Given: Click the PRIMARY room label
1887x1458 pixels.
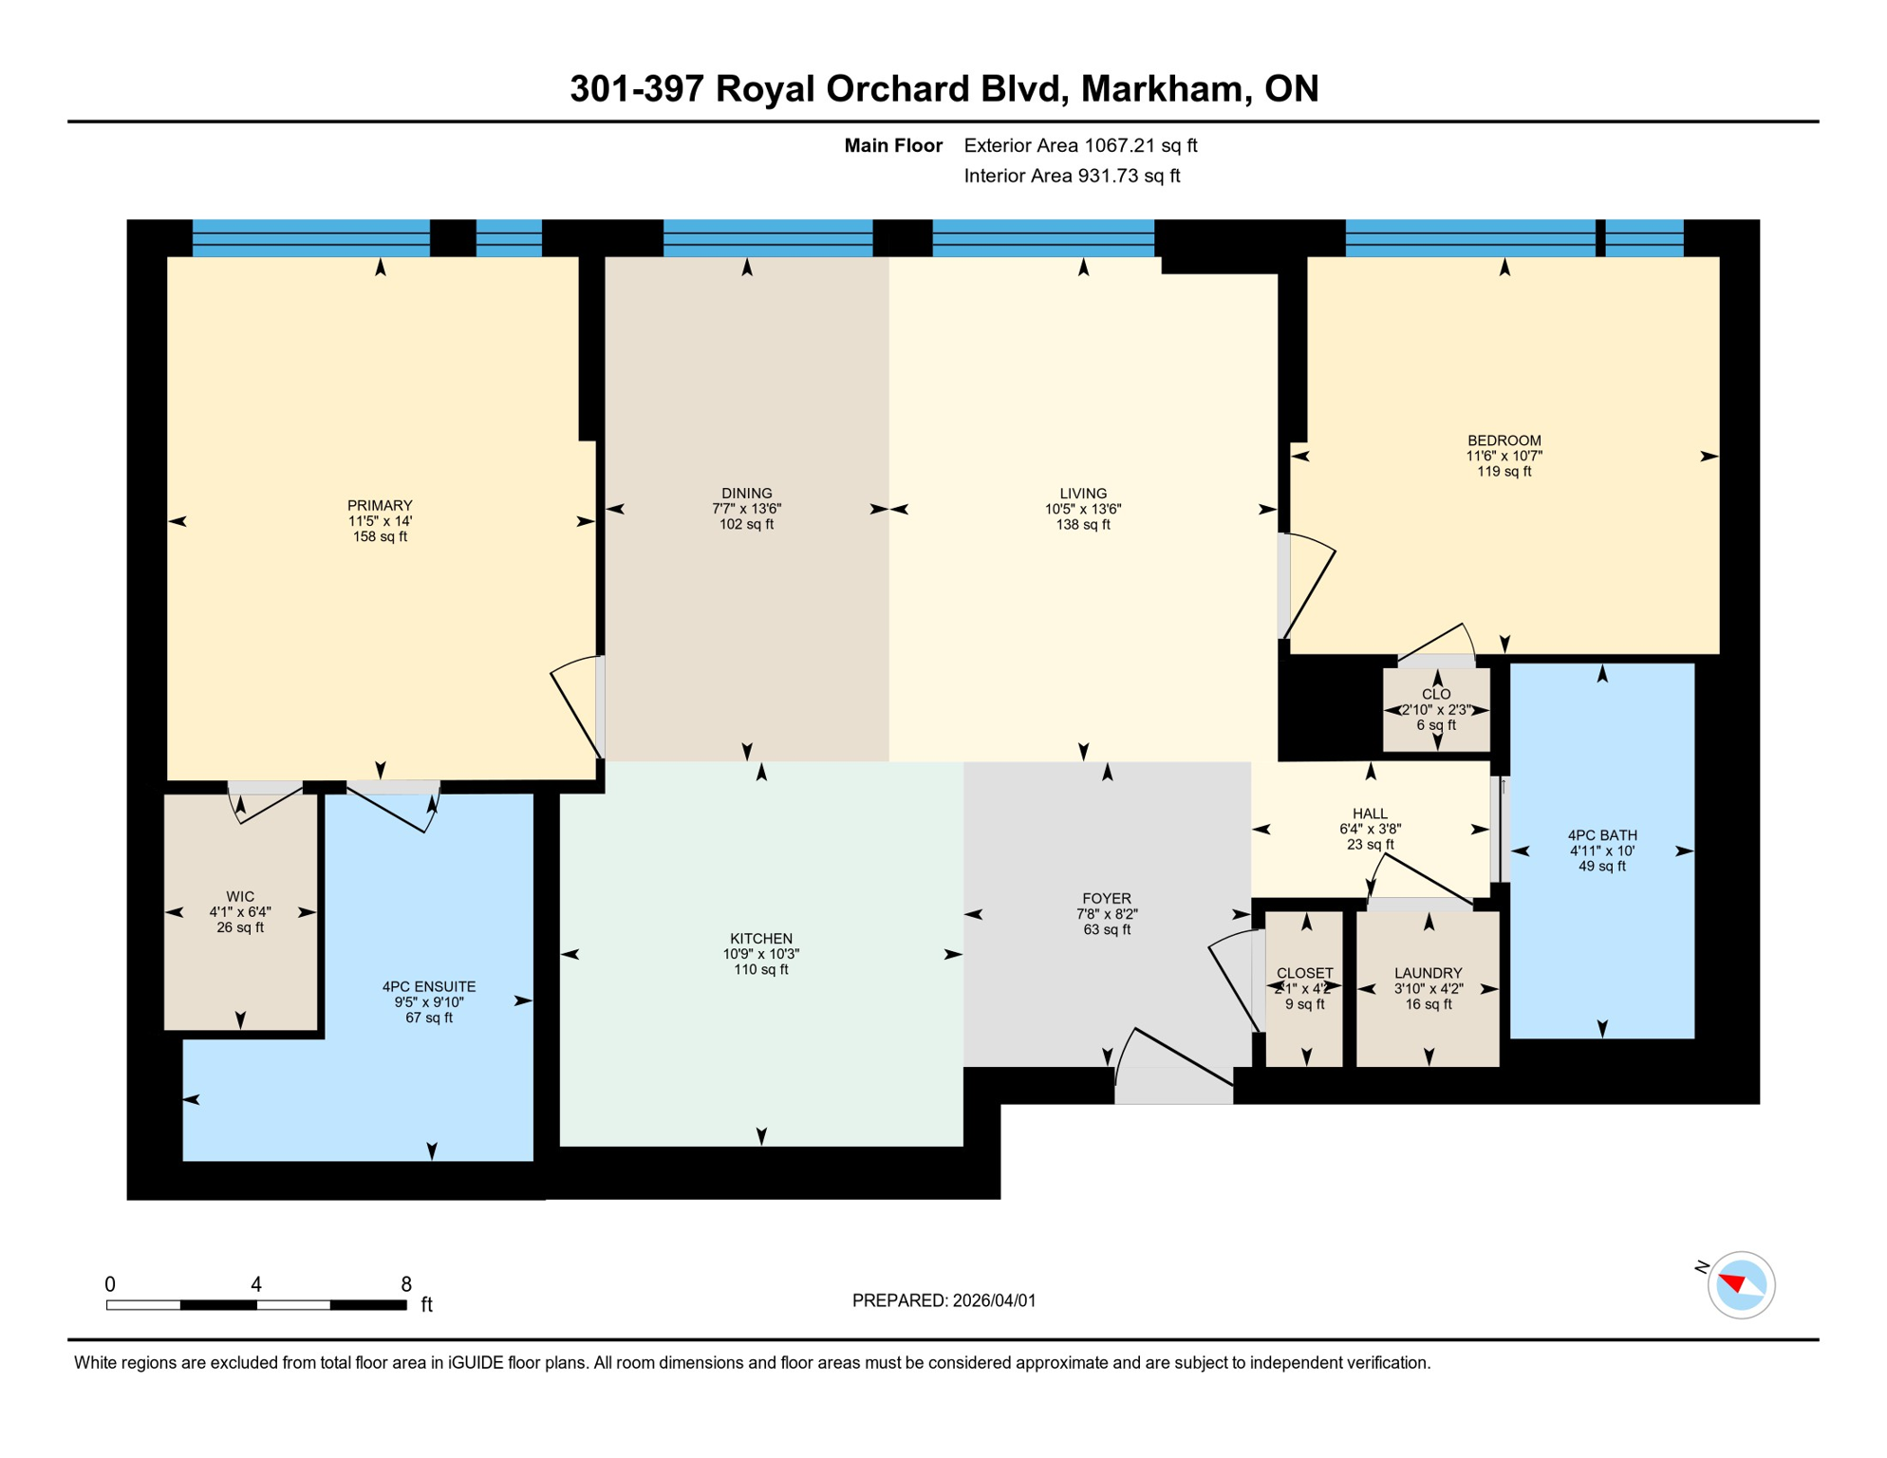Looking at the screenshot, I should point(380,506).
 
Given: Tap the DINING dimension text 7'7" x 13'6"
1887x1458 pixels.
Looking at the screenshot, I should point(747,509).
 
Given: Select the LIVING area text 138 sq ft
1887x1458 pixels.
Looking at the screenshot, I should point(1083,525).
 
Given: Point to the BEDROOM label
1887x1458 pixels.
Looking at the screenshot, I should point(1504,440).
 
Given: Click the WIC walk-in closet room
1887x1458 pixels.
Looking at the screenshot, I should point(240,911).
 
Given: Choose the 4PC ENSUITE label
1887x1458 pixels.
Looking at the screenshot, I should point(429,986).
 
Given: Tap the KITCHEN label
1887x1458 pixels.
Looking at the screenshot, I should point(761,938).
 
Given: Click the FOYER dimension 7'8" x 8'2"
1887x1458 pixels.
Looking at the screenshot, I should point(1107,914).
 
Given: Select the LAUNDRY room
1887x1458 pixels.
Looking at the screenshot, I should point(1428,988).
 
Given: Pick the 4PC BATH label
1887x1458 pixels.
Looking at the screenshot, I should point(1602,835).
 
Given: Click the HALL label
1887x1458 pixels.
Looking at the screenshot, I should point(1370,813).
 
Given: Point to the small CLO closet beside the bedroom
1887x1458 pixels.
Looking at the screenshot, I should point(1436,710).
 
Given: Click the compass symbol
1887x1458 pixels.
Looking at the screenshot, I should point(1741,1285).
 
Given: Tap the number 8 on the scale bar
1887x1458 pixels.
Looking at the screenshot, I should point(406,1284).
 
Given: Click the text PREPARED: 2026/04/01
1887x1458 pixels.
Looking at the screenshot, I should point(943,1300).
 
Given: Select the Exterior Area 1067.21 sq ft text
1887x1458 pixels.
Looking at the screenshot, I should point(1080,145).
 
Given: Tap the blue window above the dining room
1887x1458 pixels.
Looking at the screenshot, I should point(767,237).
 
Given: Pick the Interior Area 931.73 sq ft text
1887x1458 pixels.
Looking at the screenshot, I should point(1072,176).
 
